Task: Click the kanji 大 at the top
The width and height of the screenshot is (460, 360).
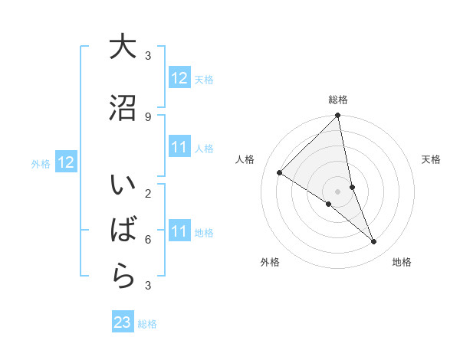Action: point(123,48)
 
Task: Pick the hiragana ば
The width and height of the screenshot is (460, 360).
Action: point(123,231)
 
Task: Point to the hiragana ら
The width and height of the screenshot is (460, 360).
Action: point(123,276)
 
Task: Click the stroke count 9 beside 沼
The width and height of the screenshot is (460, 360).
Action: point(148,116)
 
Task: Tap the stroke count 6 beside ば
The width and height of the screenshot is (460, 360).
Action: point(148,239)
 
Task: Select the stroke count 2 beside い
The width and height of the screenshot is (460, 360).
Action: point(148,193)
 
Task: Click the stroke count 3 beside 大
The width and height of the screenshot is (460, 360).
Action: point(148,56)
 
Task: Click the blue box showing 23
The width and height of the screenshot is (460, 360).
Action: point(123,322)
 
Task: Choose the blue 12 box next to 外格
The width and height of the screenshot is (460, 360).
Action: point(65,162)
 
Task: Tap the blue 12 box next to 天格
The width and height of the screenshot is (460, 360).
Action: point(179,77)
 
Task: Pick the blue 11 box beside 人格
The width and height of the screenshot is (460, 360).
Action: point(179,147)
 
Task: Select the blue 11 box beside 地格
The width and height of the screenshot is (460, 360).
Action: point(179,231)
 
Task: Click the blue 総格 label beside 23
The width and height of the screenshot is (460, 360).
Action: point(147,324)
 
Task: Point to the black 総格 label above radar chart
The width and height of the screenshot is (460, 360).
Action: point(338,100)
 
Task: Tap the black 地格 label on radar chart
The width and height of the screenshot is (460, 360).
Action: point(402,263)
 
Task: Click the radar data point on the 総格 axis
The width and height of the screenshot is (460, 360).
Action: point(338,116)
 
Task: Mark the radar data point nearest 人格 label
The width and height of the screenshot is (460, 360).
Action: point(280,172)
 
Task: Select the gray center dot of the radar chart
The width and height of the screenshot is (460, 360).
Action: point(338,191)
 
